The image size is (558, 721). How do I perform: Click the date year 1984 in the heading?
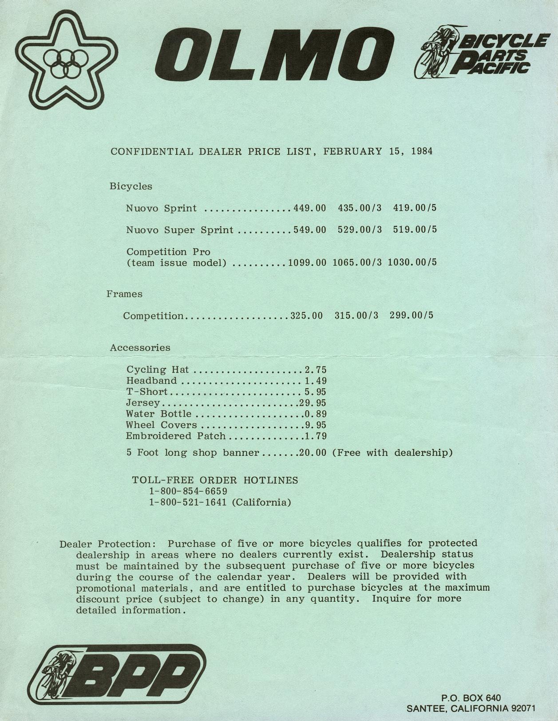tap(421, 151)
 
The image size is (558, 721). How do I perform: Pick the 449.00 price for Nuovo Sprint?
tap(309, 208)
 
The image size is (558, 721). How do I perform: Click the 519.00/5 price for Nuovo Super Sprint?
tap(415, 230)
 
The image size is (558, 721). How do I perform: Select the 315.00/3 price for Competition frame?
tap(356, 315)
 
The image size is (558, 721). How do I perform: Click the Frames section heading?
tap(124, 294)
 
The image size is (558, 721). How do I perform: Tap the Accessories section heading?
tap(140, 347)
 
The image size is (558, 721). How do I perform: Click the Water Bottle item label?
tap(158, 414)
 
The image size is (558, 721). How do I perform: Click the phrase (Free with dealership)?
tap(392, 453)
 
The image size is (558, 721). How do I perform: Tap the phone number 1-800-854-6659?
tap(188, 492)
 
